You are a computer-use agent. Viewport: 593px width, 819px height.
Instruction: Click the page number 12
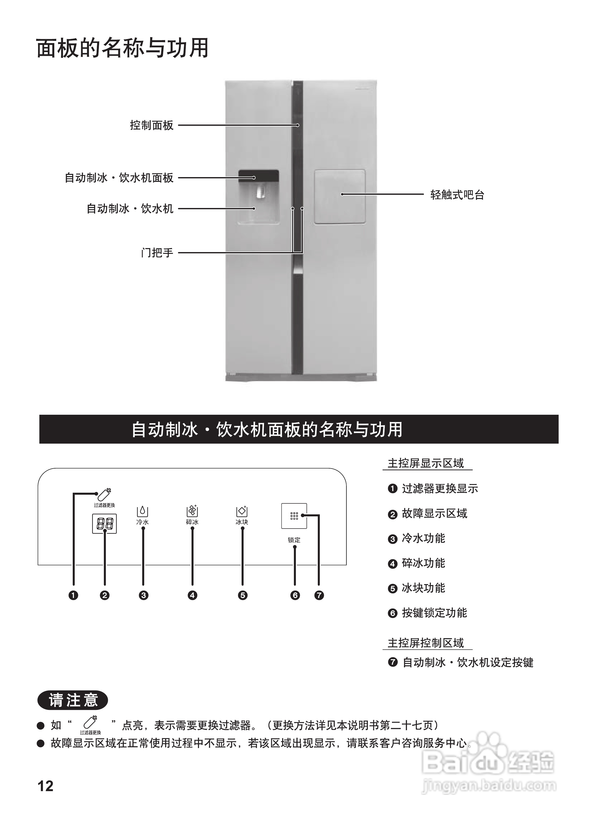[46, 786]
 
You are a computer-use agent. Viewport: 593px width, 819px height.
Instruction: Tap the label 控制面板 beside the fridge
[152, 125]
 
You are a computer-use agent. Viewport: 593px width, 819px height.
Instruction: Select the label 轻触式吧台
[457, 195]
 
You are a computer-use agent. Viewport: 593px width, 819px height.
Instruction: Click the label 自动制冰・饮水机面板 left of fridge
[119, 178]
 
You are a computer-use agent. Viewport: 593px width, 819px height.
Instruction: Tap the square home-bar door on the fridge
[339, 197]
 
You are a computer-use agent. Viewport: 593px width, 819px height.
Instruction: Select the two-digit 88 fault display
[104, 524]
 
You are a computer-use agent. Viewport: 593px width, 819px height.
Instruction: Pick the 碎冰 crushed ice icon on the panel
[192, 511]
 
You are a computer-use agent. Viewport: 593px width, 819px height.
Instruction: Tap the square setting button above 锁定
[294, 516]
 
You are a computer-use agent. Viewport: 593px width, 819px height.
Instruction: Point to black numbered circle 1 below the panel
[73, 595]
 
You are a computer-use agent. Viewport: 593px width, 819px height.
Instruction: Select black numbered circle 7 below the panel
[319, 595]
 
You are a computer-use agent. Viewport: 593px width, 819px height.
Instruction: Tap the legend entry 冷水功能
[423, 539]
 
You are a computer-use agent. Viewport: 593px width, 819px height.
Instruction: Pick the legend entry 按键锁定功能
[434, 613]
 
